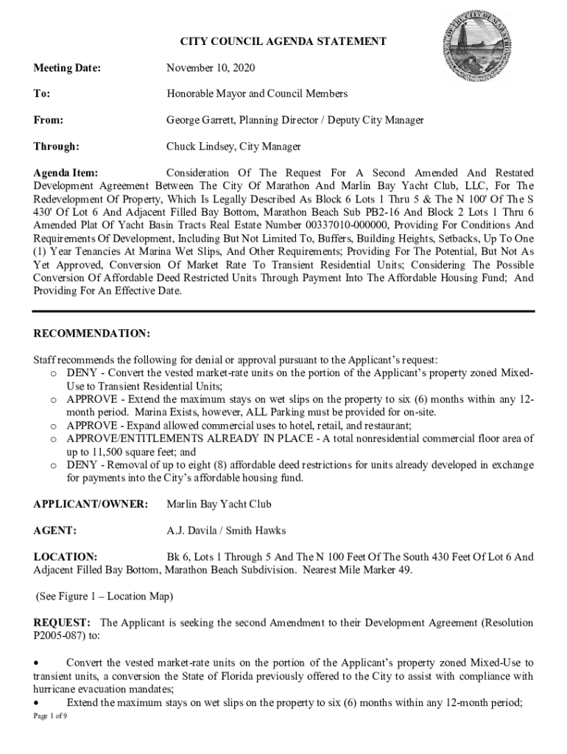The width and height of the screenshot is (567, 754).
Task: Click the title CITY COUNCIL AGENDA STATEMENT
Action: pos(283,42)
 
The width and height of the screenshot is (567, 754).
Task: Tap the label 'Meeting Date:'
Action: pos(66,68)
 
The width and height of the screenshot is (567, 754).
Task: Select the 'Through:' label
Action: pos(57,147)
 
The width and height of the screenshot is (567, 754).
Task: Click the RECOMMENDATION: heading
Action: pos(92,334)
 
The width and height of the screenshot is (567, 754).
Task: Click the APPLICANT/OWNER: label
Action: pos(91,504)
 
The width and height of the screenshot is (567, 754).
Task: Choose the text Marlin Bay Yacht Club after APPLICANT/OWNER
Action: pos(219,504)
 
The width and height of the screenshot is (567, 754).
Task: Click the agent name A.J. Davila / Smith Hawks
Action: pos(225,530)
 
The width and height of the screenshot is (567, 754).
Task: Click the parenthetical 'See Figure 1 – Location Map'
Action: pos(104,596)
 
